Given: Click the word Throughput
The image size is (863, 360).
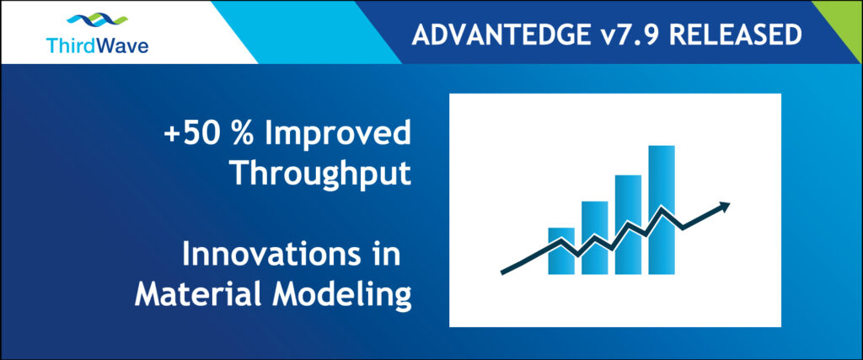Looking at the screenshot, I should click(x=321, y=173).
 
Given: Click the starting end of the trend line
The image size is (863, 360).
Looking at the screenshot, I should click(x=504, y=271).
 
